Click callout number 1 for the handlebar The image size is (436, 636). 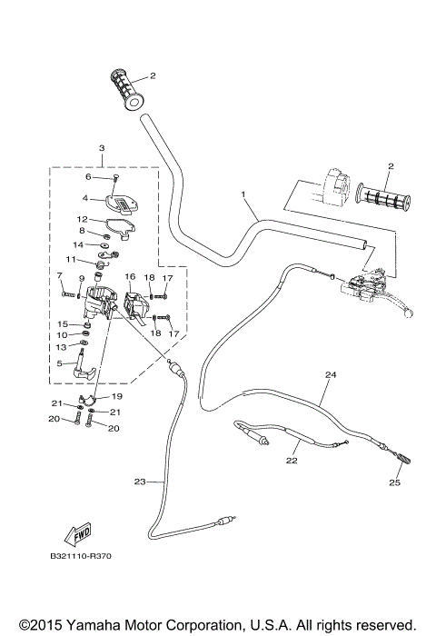pos(243,194)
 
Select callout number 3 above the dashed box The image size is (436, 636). pos(102,147)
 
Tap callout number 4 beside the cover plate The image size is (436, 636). pos(85,197)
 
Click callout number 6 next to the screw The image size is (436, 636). pos(89,177)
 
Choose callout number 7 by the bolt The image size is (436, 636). pos(60,275)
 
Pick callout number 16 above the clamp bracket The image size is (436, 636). pos(130,275)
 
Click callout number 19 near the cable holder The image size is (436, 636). pos(117,396)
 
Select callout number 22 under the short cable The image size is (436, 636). pos(292,462)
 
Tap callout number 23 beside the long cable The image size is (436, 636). pos(139,482)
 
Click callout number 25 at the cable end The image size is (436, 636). pos(394,482)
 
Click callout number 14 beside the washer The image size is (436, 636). pos(79,244)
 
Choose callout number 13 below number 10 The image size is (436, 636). pos(61,346)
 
